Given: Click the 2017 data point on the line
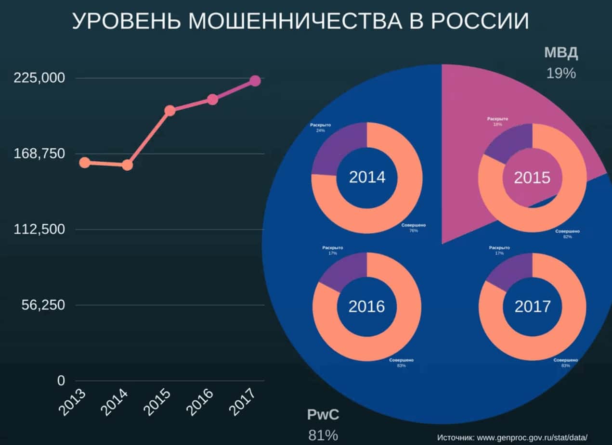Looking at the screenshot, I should (255, 81).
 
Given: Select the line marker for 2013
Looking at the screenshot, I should (85, 163).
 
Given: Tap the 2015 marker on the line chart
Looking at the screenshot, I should (169, 111).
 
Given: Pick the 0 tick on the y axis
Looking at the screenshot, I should (61, 381).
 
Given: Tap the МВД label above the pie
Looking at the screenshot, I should (561, 53).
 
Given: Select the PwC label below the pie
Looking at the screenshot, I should (323, 415).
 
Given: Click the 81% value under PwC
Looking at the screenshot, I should (323, 435).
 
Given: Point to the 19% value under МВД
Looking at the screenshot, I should (561, 73).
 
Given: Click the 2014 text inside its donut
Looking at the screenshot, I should (367, 177).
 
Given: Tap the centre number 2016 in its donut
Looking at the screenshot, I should (367, 306).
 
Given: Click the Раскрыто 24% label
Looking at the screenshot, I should (320, 127).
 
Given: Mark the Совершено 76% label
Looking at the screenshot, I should (413, 228).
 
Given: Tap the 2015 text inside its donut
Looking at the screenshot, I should (532, 178).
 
